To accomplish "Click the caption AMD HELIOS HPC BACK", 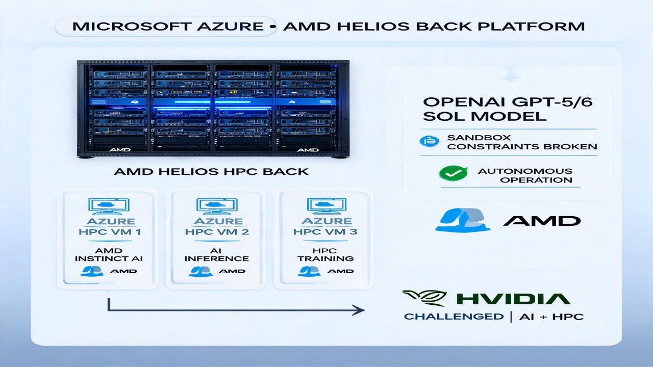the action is click(211, 172).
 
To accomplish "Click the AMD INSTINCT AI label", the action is click(109, 254).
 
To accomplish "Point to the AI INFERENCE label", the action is click(217, 254).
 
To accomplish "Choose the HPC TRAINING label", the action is click(325, 254).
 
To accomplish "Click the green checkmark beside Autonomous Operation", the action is click(454, 173).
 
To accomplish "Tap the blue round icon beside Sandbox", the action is click(429, 141).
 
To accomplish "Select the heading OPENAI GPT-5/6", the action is click(508, 102).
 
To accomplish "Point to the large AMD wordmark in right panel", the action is click(542, 221).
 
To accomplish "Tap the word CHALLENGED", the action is click(454, 317).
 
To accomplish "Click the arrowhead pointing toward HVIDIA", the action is click(359, 310).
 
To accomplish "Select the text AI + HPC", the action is click(551, 317).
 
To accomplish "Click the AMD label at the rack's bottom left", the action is click(120, 150).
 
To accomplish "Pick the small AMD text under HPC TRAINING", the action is click(340, 271).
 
